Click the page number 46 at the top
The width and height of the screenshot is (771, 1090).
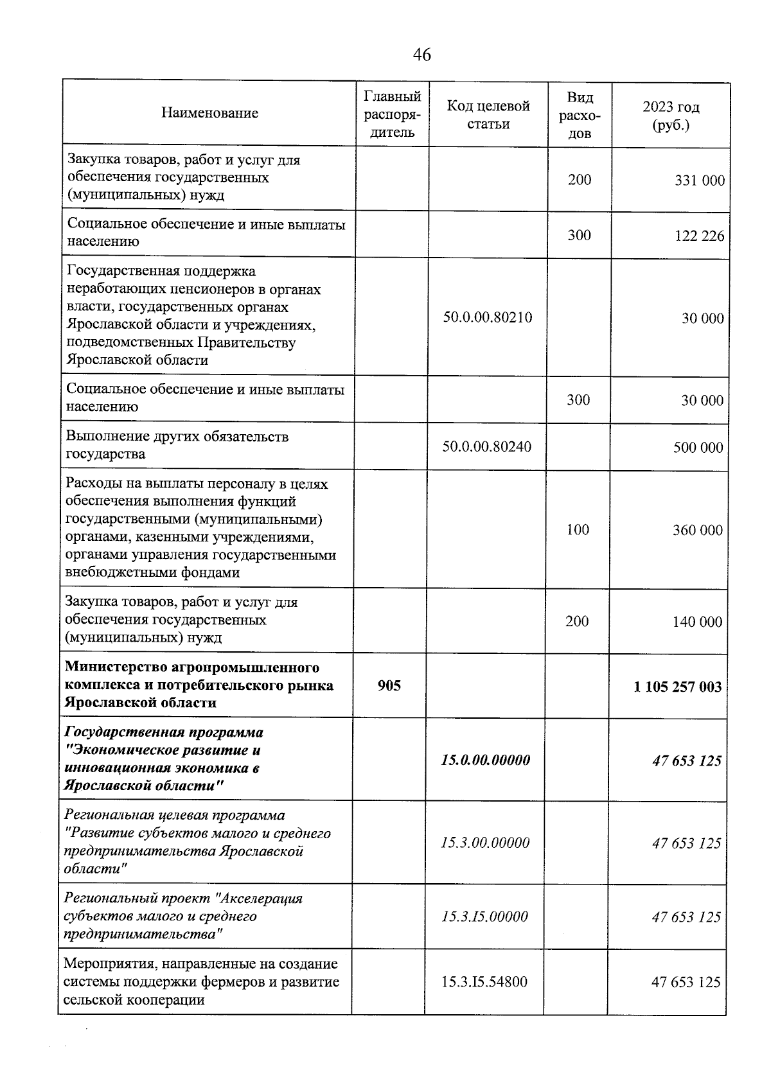point(422,55)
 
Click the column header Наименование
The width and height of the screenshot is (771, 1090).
point(209,113)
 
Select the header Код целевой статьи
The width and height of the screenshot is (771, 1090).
point(488,114)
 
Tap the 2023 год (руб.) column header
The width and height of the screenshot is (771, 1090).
point(671,116)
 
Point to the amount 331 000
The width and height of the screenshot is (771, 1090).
point(700,180)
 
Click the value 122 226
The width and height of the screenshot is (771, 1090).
point(700,236)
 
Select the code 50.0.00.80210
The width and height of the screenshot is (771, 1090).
point(488,317)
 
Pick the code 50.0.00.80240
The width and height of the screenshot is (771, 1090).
point(487,446)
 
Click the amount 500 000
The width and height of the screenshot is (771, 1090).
point(698,448)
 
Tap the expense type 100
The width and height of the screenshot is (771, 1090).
point(578,529)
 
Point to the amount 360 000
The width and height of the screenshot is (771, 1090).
point(698,531)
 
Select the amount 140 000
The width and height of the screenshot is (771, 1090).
point(698,622)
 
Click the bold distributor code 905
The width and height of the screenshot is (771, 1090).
point(389,685)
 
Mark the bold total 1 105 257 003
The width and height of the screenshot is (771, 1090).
point(677,687)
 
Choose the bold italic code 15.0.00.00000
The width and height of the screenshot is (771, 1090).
point(486,760)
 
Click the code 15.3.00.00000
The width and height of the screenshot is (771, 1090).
point(485,843)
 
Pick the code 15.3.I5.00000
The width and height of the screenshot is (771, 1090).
point(485,917)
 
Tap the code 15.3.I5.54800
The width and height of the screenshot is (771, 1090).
point(484,981)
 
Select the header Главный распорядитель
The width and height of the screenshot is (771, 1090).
point(392,114)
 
